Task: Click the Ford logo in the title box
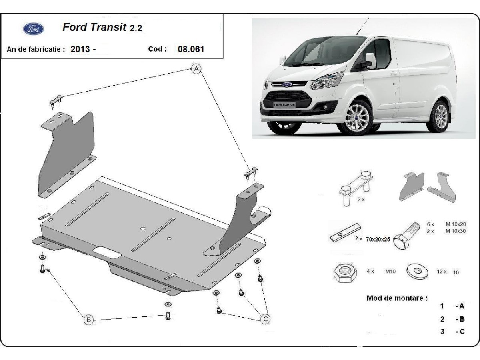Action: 34,29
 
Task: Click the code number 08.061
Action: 190,50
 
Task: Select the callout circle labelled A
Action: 196,69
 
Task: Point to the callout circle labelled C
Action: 265,319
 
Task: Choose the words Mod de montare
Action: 397,298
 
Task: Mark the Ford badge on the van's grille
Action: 287,84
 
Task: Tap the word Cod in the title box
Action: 157,49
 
